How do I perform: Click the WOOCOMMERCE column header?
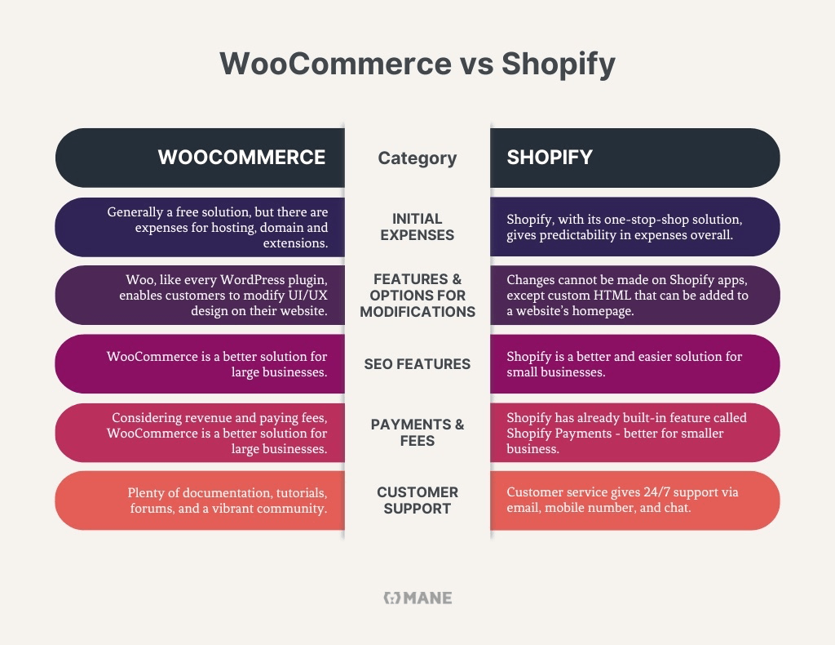241,158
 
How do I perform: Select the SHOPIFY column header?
550,158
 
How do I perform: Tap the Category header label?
417,158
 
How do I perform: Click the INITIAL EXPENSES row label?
417,226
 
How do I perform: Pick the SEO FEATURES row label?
417,364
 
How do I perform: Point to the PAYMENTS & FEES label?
417,432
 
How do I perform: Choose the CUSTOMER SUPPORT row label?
417,500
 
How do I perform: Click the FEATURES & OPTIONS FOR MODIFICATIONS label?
417,295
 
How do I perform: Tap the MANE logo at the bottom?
417,598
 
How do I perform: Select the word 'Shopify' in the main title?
559,64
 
